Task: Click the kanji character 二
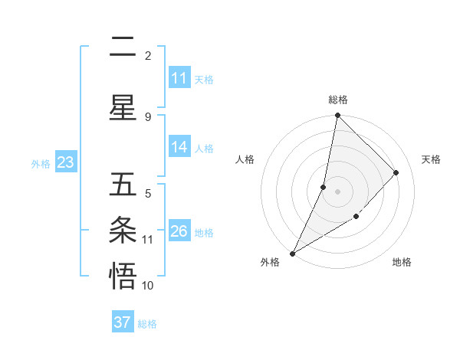tap(123, 47)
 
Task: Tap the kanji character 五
tap(123, 184)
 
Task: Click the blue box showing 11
tap(179, 78)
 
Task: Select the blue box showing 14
tap(179, 148)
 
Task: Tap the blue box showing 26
tap(179, 231)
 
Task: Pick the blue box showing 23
tap(65, 162)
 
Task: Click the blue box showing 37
tap(123, 322)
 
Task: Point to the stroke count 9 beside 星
tap(148, 116)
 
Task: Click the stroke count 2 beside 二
tap(148, 55)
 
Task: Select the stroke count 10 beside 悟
tap(148, 286)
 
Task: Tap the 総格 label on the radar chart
tap(337, 100)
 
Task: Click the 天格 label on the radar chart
tap(431, 159)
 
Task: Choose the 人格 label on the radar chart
tap(245, 159)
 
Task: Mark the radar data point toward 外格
tap(292, 253)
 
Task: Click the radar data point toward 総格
tap(337, 116)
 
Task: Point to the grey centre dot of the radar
tap(337, 191)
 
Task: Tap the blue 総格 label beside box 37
tap(147, 324)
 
